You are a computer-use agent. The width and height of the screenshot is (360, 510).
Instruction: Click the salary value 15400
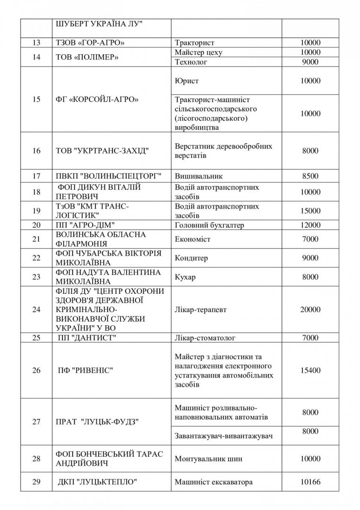[310, 370]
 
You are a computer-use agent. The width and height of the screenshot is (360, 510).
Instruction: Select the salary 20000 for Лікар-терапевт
[310, 309]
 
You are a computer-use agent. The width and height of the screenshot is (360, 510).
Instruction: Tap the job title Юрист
[187, 81]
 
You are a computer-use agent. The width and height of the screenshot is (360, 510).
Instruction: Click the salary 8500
[310, 176]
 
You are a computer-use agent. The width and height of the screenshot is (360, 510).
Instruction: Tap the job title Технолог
[191, 62]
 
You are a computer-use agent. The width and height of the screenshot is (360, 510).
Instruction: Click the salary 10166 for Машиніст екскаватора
[310, 482]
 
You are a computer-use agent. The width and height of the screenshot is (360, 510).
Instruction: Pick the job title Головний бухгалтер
[209, 225]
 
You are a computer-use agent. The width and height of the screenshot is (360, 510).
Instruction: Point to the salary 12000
[310, 225]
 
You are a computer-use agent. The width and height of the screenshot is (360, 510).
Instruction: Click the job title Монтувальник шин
[209, 459]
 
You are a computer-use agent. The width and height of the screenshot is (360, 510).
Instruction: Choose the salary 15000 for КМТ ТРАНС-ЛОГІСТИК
[310, 211]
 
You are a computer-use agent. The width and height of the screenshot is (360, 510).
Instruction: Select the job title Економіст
[193, 239]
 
